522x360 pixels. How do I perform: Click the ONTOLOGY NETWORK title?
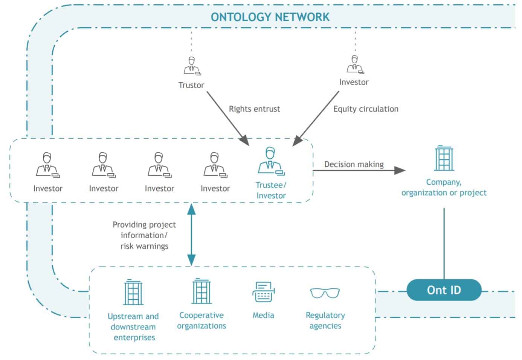(x=270, y=17)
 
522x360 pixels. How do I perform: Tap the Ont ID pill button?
(x=444, y=290)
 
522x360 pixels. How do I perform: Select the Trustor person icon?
(x=192, y=66)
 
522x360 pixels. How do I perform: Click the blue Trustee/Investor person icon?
(x=271, y=161)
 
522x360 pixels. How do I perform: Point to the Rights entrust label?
(x=254, y=109)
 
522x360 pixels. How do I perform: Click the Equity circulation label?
(x=365, y=109)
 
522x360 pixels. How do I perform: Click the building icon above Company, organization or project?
(x=444, y=158)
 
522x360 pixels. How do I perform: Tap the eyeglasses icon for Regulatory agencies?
(x=325, y=293)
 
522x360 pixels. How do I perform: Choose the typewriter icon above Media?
(x=263, y=292)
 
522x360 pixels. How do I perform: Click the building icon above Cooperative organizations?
(x=201, y=291)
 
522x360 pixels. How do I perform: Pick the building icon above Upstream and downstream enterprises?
(x=133, y=293)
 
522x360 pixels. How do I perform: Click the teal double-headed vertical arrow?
(x=191, y=234)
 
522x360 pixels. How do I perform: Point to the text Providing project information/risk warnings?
(x=144, y=235)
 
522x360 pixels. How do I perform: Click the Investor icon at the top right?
(x=354, y=64)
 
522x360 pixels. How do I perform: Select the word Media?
(x=263, y=315)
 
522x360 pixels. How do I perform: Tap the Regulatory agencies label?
(x=325, y=320)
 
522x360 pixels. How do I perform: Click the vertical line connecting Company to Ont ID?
(x=444, y=243)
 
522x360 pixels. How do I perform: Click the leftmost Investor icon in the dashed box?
(x=47, y=165)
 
